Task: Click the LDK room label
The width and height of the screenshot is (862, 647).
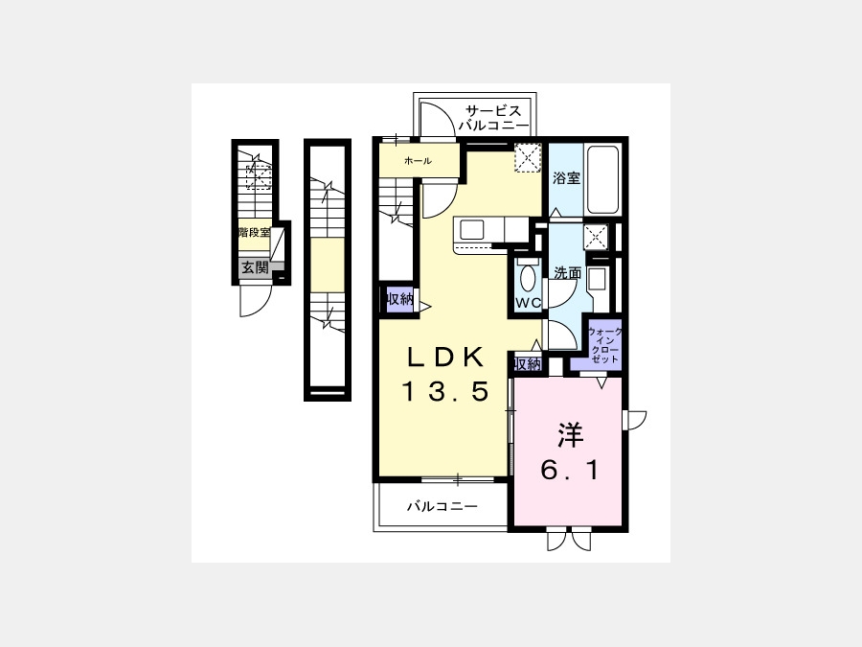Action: pos(445,358)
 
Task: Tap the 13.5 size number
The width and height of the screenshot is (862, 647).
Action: pos(445,392)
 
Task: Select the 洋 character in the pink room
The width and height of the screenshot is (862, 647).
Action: pos(570,435)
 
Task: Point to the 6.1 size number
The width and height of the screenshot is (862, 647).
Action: pos(570,470)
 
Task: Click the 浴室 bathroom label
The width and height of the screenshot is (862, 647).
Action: pos(566,178)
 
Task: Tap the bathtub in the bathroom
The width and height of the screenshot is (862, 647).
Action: pos(602,179)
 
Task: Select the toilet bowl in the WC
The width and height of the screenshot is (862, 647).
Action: pos(528,278)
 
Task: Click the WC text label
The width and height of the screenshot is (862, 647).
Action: pos(529,303)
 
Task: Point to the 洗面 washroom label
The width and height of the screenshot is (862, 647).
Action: pos(567,273)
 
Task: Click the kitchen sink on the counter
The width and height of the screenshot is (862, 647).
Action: pos(471,230)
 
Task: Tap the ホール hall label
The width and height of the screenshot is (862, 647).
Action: pos(418,161)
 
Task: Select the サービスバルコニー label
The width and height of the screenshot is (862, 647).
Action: pos(493,118)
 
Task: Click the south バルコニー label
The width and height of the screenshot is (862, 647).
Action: pos(442,506)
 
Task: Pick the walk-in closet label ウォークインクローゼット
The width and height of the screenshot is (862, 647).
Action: pos(604,345)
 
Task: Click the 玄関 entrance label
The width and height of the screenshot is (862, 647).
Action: pos(255,268)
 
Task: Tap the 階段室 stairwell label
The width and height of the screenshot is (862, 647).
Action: pos(255,232)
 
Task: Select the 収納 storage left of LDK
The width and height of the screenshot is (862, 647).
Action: pos(399,300)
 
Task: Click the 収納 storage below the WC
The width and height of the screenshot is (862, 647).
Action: pos(527,363)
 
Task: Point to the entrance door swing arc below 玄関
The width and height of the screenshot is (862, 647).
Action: pos(262,306)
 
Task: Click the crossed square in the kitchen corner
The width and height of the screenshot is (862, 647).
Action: pos(528,158)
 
